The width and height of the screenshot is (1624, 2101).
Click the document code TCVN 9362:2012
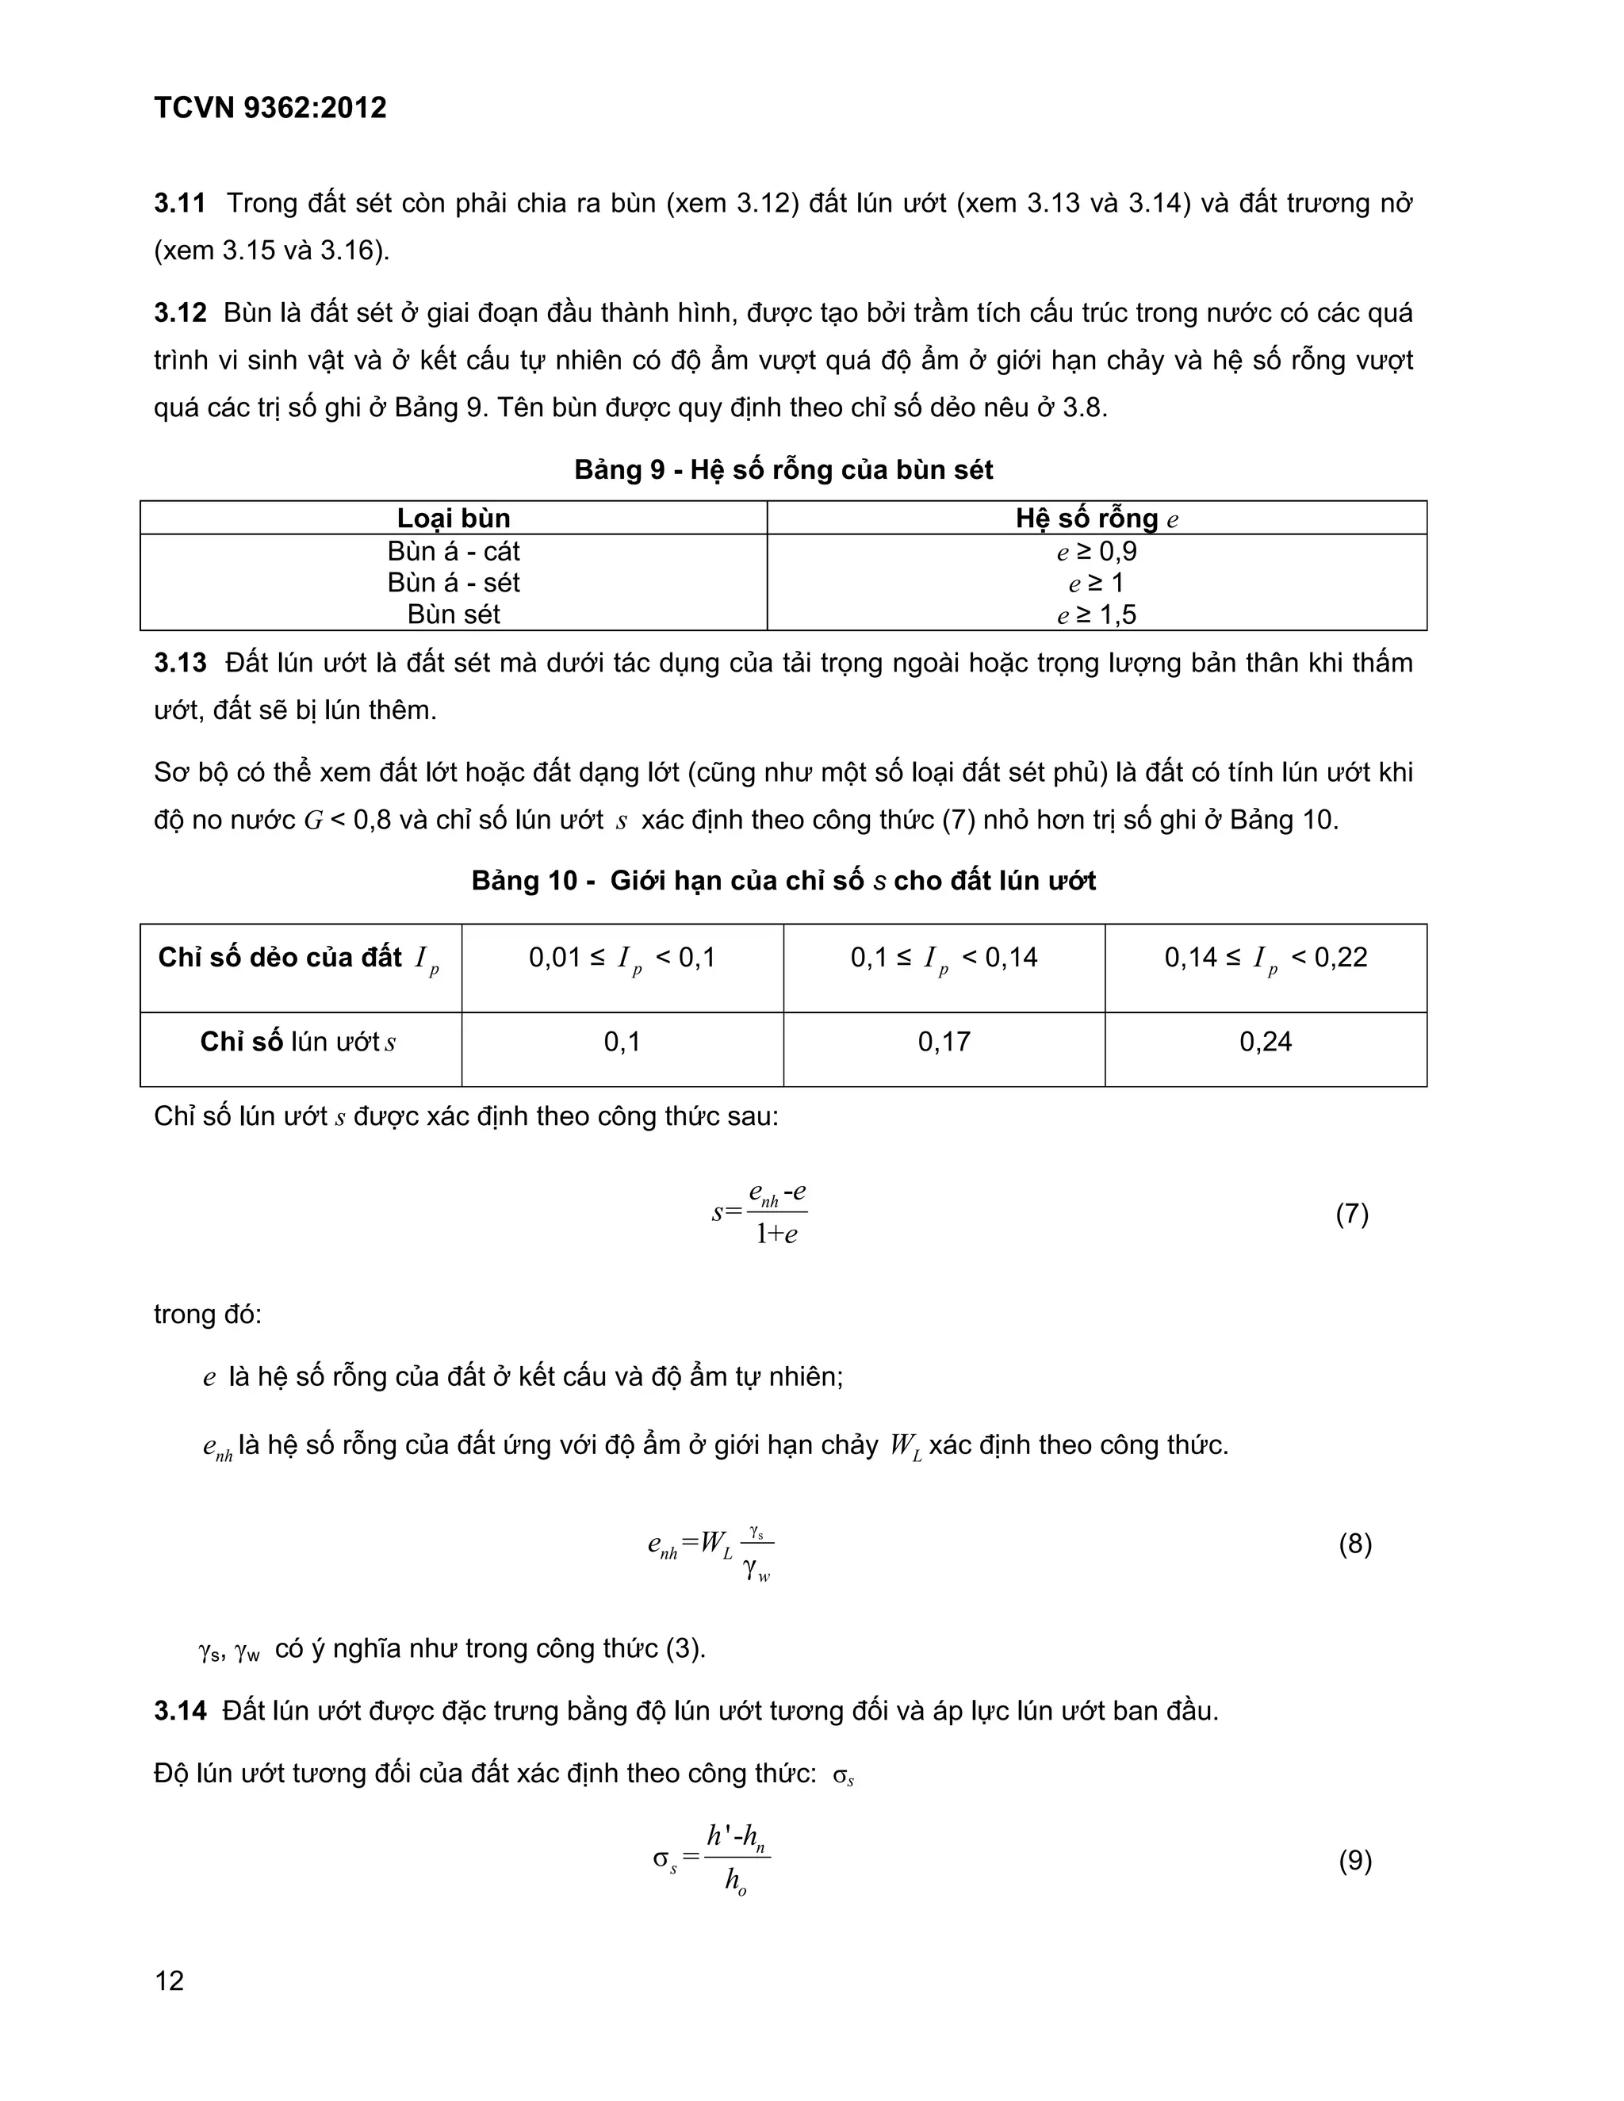[270, 108]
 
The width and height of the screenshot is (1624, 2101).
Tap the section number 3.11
[180, 204]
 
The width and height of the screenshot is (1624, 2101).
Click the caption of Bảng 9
[783, 469]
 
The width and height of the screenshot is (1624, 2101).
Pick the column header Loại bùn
[453, 519]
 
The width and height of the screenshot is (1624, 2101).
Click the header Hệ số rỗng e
[1096, 519]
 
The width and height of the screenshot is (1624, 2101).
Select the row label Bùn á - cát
[453, 551]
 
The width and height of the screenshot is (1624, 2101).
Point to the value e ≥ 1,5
[1096, 614]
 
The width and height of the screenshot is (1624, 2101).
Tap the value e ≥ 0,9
[1096, 552]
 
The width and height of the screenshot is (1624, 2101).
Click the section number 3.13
[180, 664]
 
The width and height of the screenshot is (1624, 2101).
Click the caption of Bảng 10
[783, 881]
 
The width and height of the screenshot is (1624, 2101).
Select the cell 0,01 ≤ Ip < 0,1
[622, 959]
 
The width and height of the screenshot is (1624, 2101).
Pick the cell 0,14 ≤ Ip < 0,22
[1265, 959]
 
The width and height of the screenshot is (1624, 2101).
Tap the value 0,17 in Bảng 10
[944, 1042]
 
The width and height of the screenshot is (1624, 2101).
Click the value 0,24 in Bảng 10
[1265, 1042]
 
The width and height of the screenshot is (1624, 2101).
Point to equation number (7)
[1352, 1214]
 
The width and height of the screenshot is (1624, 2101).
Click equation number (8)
[1354, 1544]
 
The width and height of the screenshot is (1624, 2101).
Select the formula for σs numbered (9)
[712, 1859]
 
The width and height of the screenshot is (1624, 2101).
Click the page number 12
[170, 1980]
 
